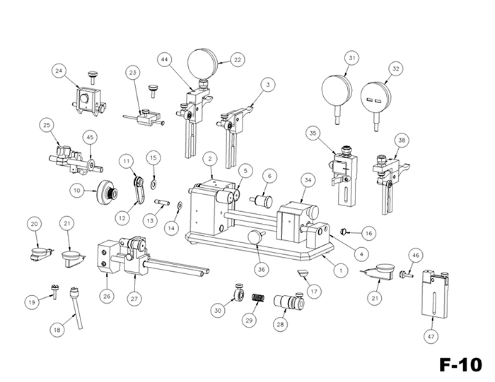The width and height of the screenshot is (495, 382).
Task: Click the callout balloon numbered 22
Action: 237,60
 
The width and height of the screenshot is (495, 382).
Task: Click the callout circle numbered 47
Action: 431,339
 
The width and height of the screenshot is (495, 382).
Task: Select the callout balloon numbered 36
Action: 262,268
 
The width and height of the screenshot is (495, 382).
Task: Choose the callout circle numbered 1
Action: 340,269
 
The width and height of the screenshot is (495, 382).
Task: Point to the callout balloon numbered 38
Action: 402,141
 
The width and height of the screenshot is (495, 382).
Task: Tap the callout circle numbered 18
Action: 57,329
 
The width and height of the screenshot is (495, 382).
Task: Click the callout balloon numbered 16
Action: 368,232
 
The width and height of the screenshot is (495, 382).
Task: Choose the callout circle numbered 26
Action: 107,296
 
